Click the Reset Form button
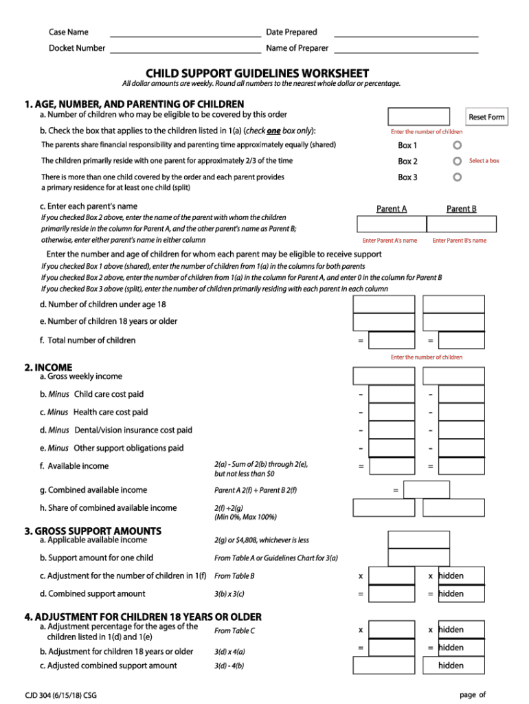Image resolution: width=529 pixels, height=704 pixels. [x=486, y=117]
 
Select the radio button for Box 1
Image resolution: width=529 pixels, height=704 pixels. [x=458, y=146]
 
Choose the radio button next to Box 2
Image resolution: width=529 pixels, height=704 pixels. [x=458, y=162]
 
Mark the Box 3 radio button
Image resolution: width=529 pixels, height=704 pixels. [x=458, y=177]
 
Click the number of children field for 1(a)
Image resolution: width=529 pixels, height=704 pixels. [x=418, y=117]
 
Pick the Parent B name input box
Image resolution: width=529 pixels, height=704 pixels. [x=461, y=224]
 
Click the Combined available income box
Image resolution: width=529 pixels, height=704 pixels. [x=426, y=489]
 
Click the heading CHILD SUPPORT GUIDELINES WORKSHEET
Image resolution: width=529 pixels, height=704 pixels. [x=257, y=74]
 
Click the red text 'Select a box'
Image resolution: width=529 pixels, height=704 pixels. [x=484, y=161]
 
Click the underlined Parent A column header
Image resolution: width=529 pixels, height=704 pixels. [x=392, y=209]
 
